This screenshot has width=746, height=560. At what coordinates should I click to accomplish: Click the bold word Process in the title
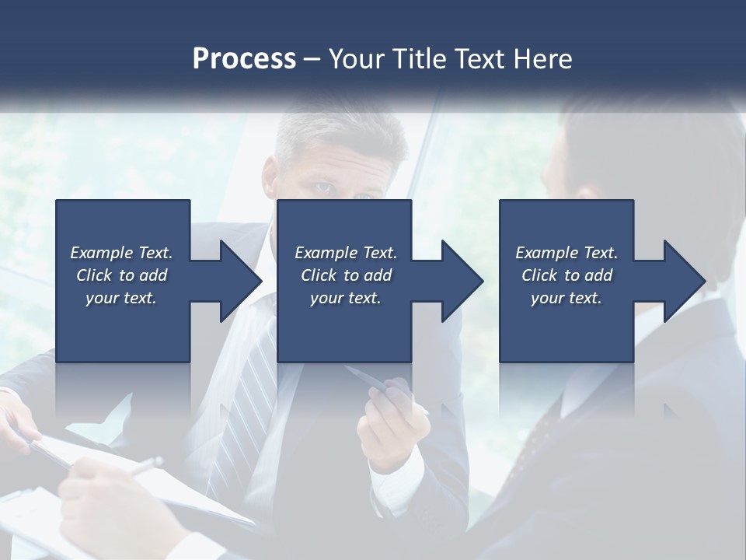point(244,59)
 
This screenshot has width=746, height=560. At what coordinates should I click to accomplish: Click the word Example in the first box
point(101,253)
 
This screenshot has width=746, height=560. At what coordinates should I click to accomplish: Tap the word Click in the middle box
point(319,275)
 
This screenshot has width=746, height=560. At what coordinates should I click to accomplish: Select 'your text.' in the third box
point(566,298)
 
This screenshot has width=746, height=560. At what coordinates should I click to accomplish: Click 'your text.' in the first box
point(121,298)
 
